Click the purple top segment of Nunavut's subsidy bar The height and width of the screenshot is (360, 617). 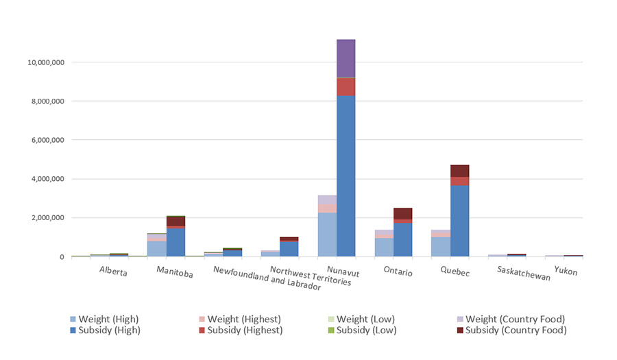click(346, 58)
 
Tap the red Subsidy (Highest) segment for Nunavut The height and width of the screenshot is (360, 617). click(346, 86)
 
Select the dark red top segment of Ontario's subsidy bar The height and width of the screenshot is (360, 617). click(402, 213)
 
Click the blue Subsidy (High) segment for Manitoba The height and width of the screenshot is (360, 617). click(176, 242)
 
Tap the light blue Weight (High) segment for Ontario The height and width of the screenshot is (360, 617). click(384, 247)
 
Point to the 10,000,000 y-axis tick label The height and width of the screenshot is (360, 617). click(45, 62)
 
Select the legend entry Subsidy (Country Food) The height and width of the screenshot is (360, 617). click(515, 331)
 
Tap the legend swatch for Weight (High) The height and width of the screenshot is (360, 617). click(73, 320)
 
